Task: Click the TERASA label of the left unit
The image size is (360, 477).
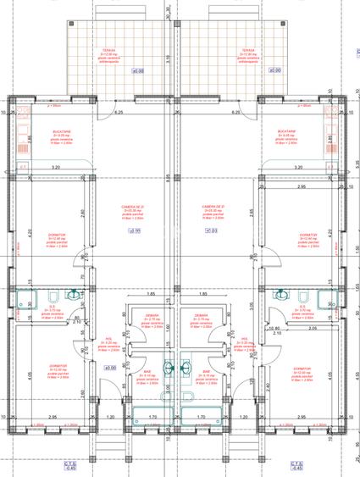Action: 108,50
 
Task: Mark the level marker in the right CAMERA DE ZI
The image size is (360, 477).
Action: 211,230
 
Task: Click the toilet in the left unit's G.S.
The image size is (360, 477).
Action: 53,296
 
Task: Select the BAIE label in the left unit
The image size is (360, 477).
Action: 147,371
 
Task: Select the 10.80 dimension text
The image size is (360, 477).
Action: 273,328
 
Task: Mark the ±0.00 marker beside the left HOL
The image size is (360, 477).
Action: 109,368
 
